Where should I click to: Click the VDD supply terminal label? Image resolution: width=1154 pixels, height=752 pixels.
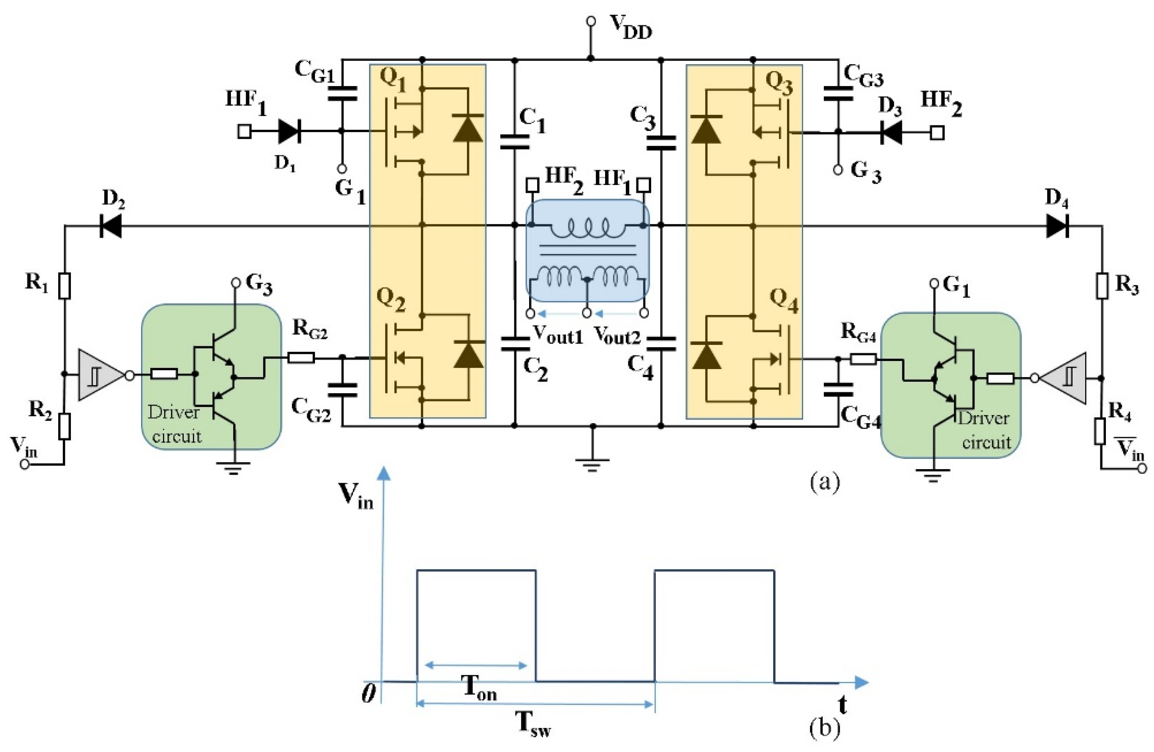coord(630,27)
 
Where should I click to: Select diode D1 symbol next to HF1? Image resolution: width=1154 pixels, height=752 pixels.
coord(290,131)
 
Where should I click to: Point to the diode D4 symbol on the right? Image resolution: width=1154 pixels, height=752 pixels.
coord(1057,226)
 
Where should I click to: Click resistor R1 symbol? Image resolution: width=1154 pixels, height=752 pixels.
coord(64,285)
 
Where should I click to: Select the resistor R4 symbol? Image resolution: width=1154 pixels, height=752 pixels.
coord(1100,432)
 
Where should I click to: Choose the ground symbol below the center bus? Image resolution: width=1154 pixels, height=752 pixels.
coord(591,464)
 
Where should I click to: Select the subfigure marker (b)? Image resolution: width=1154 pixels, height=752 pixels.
coord(824,728)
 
